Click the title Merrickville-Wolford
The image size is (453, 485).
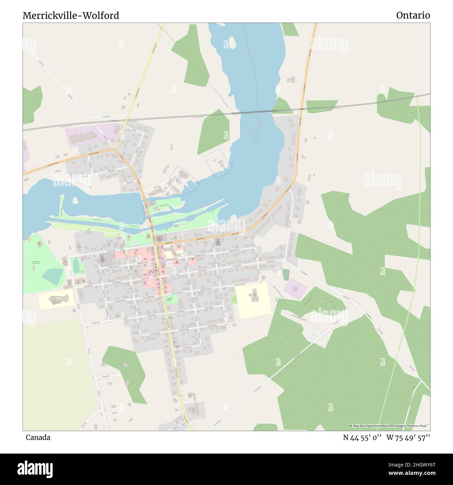pyautogui.click(x=71, y=16)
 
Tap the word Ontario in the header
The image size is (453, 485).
pyautogui.click(x=413, y=15)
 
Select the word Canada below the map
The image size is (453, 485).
pyautogui.click(x=38, y=438)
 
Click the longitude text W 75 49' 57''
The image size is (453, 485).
pyautogui.click(x=408, y=438)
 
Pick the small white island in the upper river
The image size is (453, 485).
pyautogui.click(x=231, y=43)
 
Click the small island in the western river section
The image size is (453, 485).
pyautogui.click(x=75, y=200)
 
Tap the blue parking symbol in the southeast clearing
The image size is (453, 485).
pyautogui.click(x=313, y=335)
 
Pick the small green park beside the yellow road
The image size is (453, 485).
pyautogui.click(x=171, y=299)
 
